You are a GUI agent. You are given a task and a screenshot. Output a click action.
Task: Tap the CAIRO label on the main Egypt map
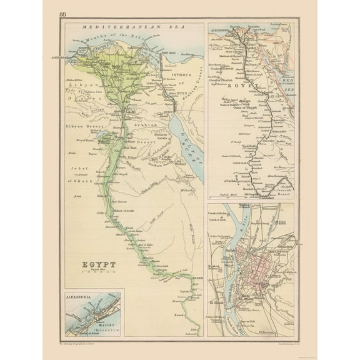pos(130,113)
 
